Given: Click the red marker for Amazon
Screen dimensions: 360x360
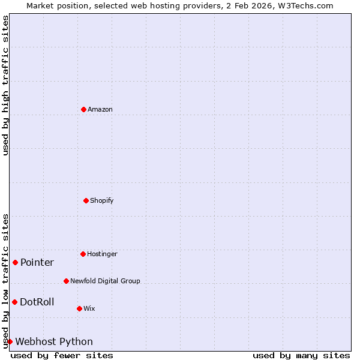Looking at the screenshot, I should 83,109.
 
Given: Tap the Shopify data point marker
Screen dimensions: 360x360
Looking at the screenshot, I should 86,200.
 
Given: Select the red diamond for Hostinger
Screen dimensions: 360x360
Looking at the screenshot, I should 83,254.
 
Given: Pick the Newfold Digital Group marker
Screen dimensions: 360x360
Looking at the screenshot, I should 66,281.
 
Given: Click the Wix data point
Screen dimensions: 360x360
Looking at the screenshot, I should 79,308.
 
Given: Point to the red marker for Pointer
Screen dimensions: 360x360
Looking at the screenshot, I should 15,262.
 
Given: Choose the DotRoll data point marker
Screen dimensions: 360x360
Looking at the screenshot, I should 14,302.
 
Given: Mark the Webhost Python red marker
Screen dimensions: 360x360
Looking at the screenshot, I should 10,341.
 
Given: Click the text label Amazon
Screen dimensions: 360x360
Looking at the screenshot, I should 100,109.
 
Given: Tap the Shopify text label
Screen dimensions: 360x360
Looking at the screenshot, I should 102,200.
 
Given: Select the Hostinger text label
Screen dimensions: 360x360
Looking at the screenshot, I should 102,254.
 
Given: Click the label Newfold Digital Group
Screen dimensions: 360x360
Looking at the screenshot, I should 105,281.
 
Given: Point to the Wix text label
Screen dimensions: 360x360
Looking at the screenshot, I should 89,308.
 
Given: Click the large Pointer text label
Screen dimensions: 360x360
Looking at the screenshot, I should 37,262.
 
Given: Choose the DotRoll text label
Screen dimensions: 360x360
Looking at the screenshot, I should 37,302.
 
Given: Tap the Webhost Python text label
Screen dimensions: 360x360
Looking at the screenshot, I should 54,341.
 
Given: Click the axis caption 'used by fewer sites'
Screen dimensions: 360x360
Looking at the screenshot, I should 62,355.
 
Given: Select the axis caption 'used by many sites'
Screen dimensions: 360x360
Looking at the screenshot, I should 301,355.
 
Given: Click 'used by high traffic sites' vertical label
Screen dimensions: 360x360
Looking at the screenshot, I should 5,85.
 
